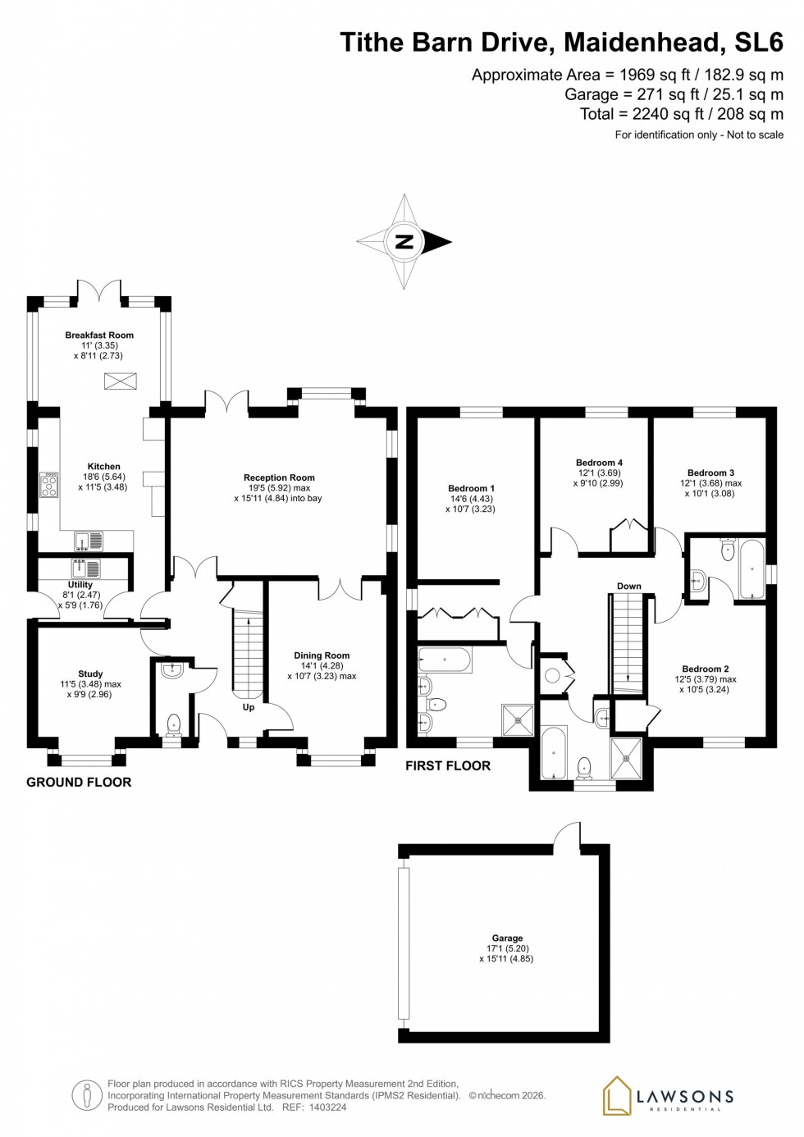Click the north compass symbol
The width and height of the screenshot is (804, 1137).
point(404,242)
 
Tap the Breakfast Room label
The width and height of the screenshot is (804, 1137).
point(99,335)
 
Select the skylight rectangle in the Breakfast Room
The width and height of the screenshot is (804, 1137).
point(121,381)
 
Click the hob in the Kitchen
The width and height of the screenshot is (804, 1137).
point(49,485)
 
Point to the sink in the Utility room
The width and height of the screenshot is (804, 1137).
point(85,568)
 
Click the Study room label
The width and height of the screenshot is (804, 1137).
point(90,674)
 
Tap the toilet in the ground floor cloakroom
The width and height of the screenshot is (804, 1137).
point(173,723)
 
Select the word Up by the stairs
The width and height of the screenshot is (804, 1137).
point(249,707)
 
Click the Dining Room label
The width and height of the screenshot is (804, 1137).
point(322,655)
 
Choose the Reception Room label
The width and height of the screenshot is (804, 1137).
point(279,477)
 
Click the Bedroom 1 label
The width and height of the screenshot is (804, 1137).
point(471,488)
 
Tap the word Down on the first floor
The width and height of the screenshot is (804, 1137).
point(629,586)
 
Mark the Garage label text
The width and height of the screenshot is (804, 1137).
point(507,938)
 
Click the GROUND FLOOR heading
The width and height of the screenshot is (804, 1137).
point(79,782)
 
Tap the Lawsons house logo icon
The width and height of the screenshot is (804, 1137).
point(617,1096)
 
